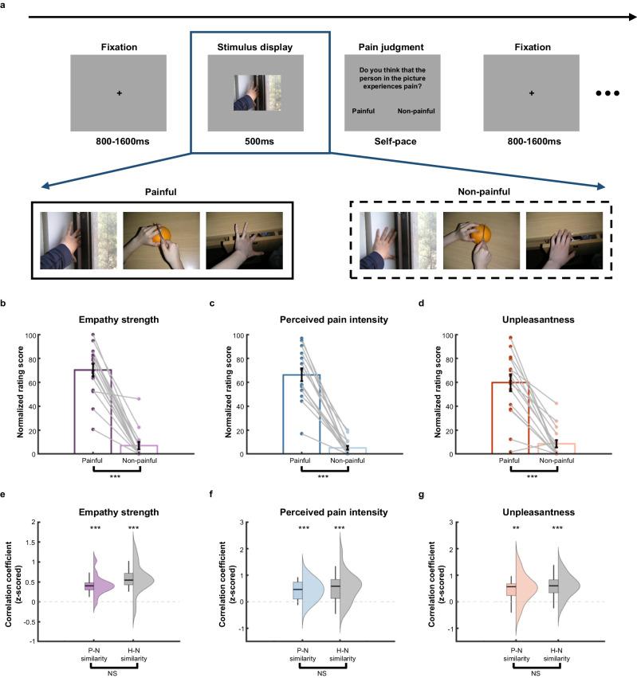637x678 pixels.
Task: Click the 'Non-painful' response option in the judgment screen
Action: tap(416, 111)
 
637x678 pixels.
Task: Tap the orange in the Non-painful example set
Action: tap(482, 236)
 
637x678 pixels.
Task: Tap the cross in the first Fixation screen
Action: tap(119, 93)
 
